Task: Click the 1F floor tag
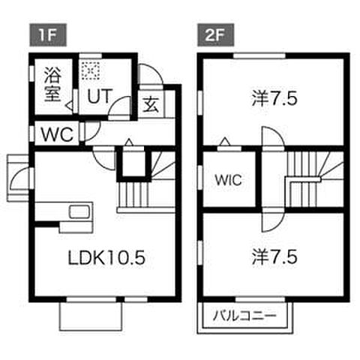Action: point(48,35)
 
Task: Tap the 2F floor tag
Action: point(216,35)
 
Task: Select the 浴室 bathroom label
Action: point(52,85)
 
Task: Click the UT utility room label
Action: point(99,96)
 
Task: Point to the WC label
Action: point(57,135)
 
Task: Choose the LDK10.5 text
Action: point(106,257)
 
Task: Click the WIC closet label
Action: point(229,180)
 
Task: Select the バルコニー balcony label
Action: point(244,316)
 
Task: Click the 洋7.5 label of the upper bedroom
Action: point(274,98)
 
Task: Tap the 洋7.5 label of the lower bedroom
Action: point(274,257)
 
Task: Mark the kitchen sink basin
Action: point(79,212)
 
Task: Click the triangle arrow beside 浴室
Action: point(70,106)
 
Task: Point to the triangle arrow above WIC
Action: point(225,142)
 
